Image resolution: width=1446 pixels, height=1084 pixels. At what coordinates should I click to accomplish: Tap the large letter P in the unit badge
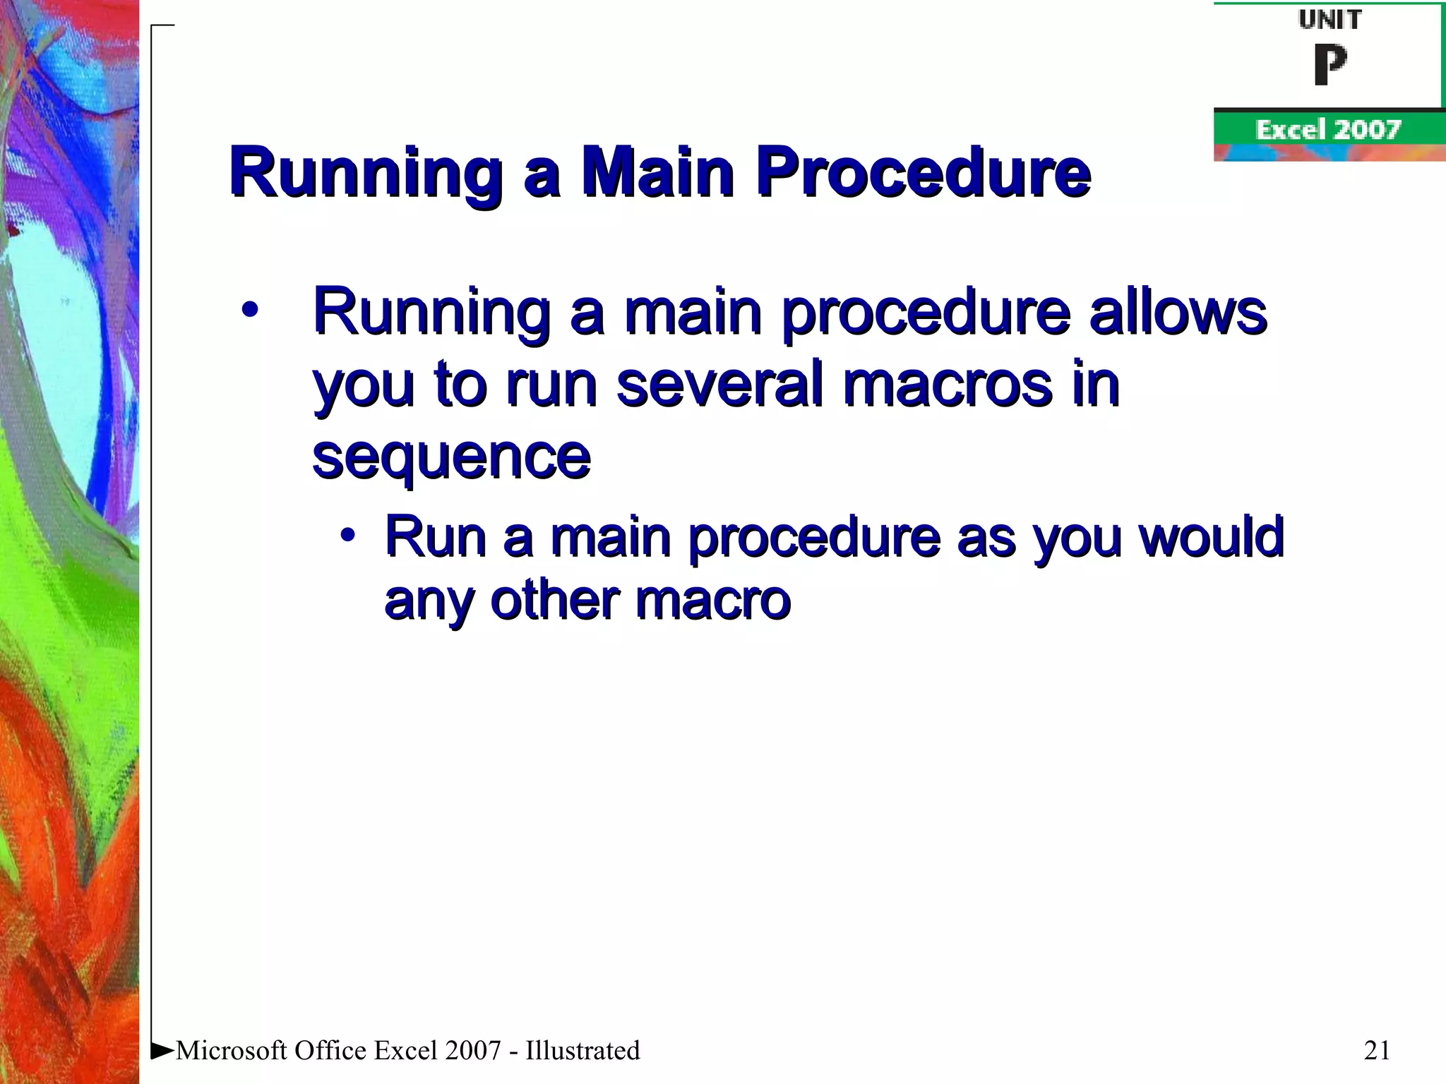click(1330, 64)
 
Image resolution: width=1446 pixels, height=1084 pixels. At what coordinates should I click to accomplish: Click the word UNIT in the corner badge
click(1330, 20)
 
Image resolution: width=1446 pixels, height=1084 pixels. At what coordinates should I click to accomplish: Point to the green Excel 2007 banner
click(1328, 130)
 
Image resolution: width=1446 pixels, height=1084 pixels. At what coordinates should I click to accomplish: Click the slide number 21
click(1377, 1050)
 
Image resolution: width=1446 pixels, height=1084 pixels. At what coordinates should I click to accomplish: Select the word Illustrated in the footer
click(582, 1050)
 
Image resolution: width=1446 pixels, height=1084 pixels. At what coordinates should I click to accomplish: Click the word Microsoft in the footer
click(232, 1050)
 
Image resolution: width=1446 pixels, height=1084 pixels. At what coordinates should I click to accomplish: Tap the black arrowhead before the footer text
click(162, 1049)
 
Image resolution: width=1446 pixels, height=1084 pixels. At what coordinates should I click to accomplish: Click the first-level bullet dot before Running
click(249, 310)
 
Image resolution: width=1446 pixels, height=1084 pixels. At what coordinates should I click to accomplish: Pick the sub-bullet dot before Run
click(347, 535)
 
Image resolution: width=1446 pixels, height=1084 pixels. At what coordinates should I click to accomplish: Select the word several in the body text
click(719, 384)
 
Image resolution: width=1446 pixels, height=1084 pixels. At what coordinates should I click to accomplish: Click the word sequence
click(450, 457)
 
